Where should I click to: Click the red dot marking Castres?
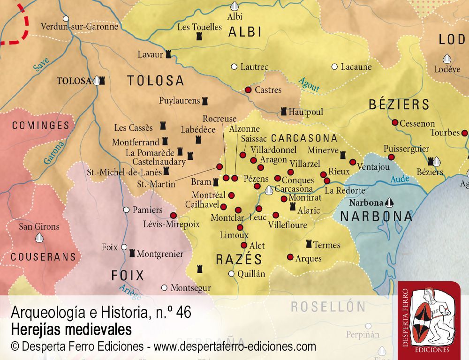pyautogui.click(x=248, y=90)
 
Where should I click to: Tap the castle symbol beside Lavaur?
pyautogui.click(x=168, y=54)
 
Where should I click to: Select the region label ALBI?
pyautogui.click(x=245, y=32)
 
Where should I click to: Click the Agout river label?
pyautogui.click(x=309, y=84)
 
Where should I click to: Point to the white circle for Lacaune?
pyautogui.click(x=334, y=67)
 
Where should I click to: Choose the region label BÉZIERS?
pyautogui.click(x=399, y=104)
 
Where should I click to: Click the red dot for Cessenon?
pyautogui.click(x=395, y=123)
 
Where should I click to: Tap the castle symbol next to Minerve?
pyautogui.click(x=343, y=154)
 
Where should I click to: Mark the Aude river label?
pyautogui.click(x=400, y=179)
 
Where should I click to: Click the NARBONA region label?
pyautogui.click(x=376, y=216)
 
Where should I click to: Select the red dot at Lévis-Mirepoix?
pyautogui.click(x=173, y=215)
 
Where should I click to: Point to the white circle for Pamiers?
pyautogui.click(x=126, y=210)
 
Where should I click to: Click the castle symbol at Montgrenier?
pyautogui.click(x=132, y=253)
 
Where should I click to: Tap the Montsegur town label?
pyautogui.click(x=190, y=288)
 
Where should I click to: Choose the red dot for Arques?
pyautogui.click(x=290, y=257)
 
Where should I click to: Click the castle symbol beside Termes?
pyautogui.click(x=309, y=244)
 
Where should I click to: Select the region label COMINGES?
pyautogui.click(x=40, y=126)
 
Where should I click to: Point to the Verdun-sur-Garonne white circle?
pyautogui.click(x=66, y=19)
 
